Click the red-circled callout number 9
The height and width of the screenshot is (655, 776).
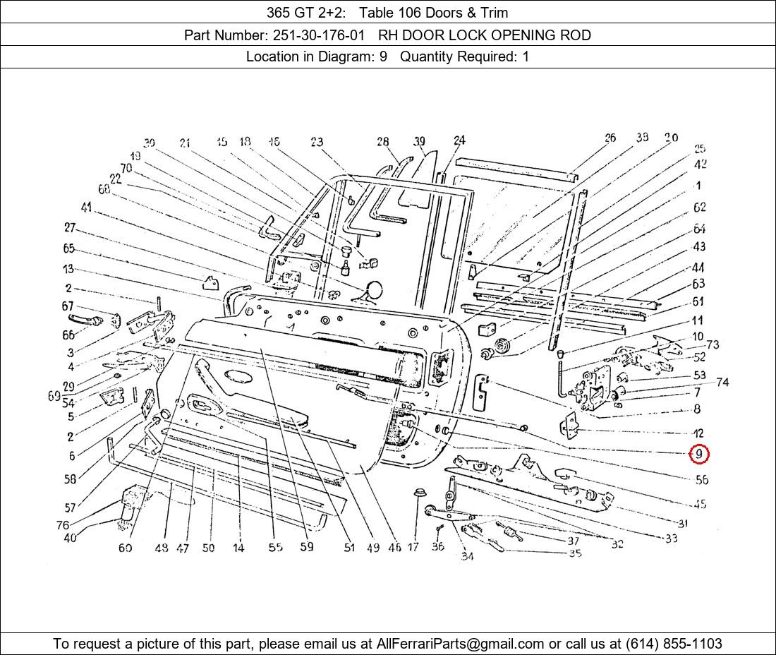(x=698, y=455)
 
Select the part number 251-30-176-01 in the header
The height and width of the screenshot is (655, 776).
(x=318, y=35)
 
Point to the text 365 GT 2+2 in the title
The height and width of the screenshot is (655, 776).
(x=305, y=12)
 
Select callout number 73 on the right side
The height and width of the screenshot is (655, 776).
(x=713, y=344)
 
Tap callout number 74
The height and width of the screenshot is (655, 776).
(x=722, y=383)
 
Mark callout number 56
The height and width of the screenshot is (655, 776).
(x=701, y=480)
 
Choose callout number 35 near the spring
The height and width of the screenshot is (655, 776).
(x=575, y=553)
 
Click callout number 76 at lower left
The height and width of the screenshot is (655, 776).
(x=63, y=525)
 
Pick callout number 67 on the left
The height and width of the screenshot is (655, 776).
(x=68, y=306)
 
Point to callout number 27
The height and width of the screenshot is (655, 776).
(x=69, y=228)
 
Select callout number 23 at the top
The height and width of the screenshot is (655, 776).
(x=317, y=143)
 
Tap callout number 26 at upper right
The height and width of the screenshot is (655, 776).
(x=610, y=138)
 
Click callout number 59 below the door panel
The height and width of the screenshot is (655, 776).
(x=306, y=546)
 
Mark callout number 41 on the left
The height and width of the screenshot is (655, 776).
(x=86, y=208)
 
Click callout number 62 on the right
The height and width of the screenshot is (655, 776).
(x=699, y=208)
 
